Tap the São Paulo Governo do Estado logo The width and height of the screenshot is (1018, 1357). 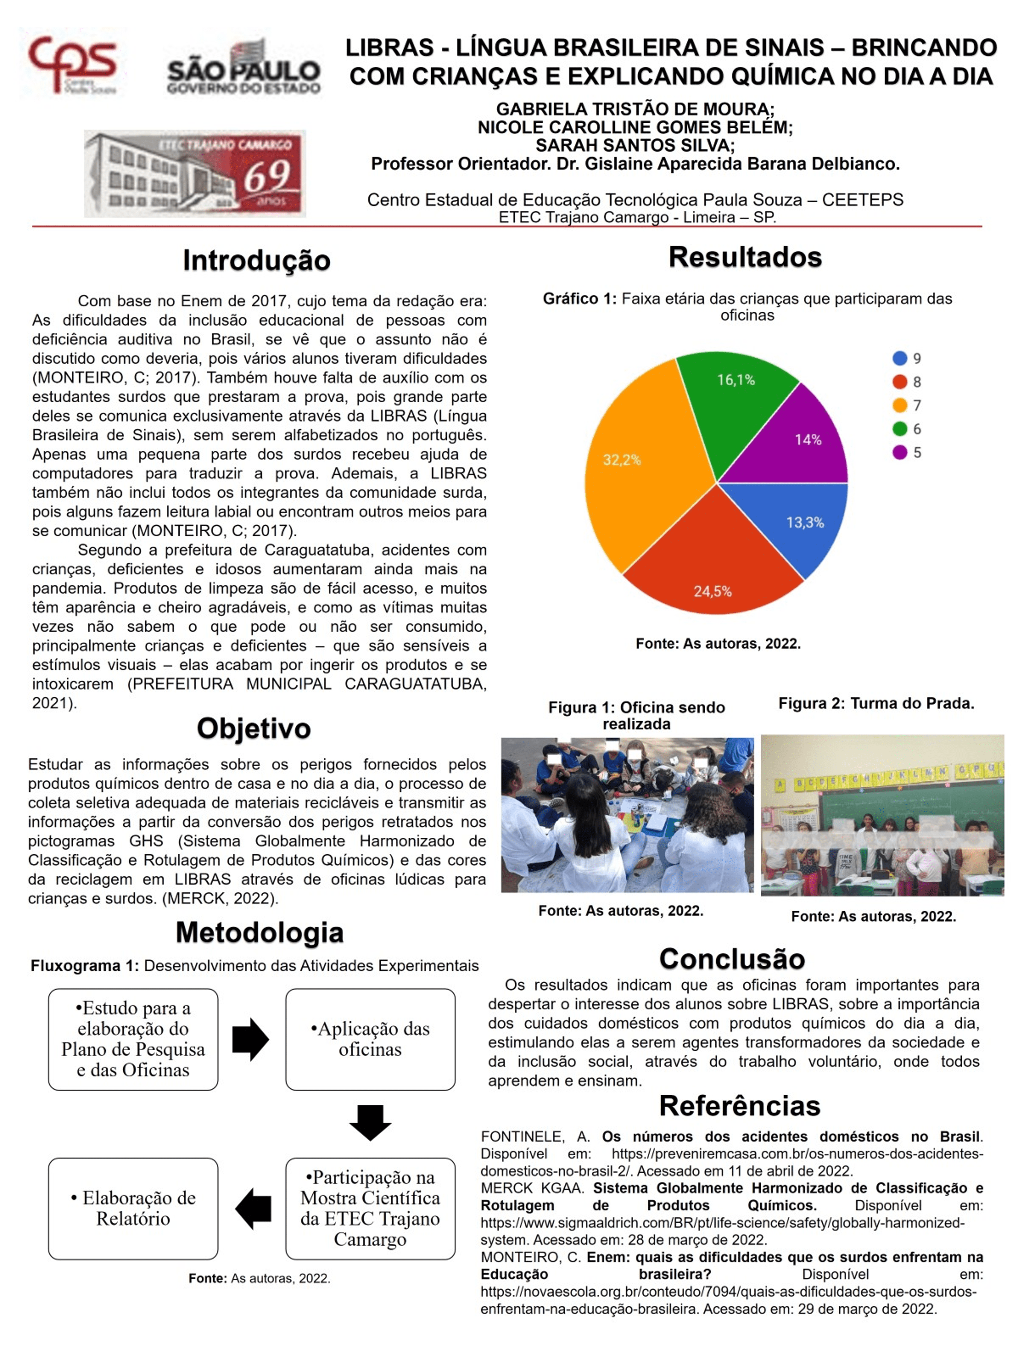(x=244, y=68)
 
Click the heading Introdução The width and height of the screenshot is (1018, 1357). (x=256, y=260)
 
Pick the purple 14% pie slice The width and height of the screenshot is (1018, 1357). (x=798, y=442)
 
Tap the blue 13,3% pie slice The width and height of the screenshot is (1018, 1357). (x=798, y=521)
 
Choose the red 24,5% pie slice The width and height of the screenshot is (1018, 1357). (x=712, y=565)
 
